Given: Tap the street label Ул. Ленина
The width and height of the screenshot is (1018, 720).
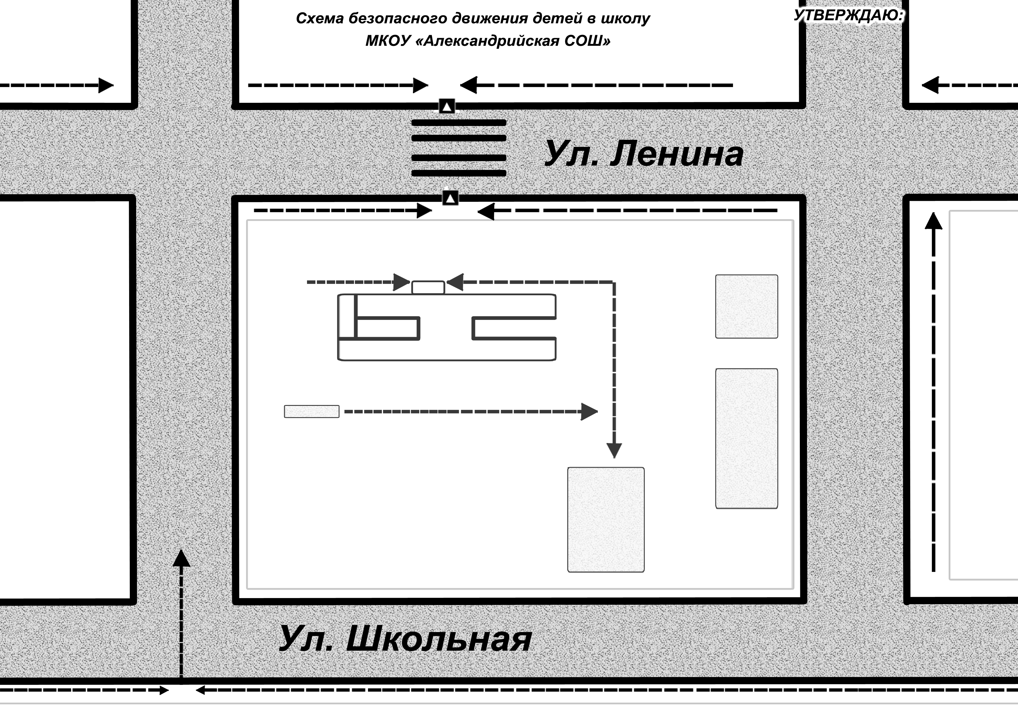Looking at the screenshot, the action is [x=643, y=154].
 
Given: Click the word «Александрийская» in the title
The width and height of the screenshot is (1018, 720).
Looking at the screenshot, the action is [x=488, y=41].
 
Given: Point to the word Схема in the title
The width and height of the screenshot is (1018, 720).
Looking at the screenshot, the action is [x=320, y=18].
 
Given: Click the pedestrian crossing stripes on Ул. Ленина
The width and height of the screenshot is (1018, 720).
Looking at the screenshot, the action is [x=459, y=148].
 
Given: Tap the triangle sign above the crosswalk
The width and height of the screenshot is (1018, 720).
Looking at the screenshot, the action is [x=447, y=107].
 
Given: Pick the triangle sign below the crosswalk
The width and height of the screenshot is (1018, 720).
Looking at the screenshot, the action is [x=450, y=198].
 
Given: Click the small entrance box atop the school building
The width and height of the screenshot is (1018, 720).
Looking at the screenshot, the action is [x=428, y=287].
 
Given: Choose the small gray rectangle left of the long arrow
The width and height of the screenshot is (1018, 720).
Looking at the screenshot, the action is [x=312, y=411].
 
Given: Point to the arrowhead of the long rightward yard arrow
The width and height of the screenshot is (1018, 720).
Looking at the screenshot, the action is [x=589, y=411].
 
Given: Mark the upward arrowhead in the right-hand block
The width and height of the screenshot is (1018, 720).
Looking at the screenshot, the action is [x=933, y=221].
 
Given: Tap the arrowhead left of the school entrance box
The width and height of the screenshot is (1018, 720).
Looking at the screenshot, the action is [x=402, y=282].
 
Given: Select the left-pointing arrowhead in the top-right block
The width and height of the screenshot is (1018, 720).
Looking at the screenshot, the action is [x=930, y=85].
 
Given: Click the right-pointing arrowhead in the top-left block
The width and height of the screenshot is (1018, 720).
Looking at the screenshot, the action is [x=106, y=85].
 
